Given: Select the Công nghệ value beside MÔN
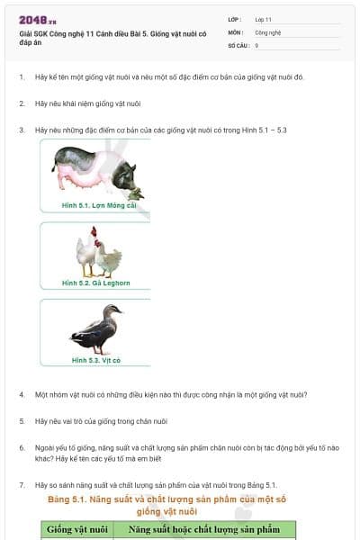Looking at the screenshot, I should pos(267,31).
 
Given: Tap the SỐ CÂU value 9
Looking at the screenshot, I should pos(257,44).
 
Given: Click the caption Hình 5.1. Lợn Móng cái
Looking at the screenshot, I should pos(99,205).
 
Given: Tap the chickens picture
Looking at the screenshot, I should pos(97,254).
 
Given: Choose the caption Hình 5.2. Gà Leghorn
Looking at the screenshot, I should pos(95,283).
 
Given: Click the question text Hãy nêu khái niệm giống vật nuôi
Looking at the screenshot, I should pos(88,103).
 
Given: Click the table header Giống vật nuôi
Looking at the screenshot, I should pos(77,530).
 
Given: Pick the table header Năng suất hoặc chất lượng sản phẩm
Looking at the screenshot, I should pos(204,530).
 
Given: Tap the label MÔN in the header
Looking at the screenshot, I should pos(236,31).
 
